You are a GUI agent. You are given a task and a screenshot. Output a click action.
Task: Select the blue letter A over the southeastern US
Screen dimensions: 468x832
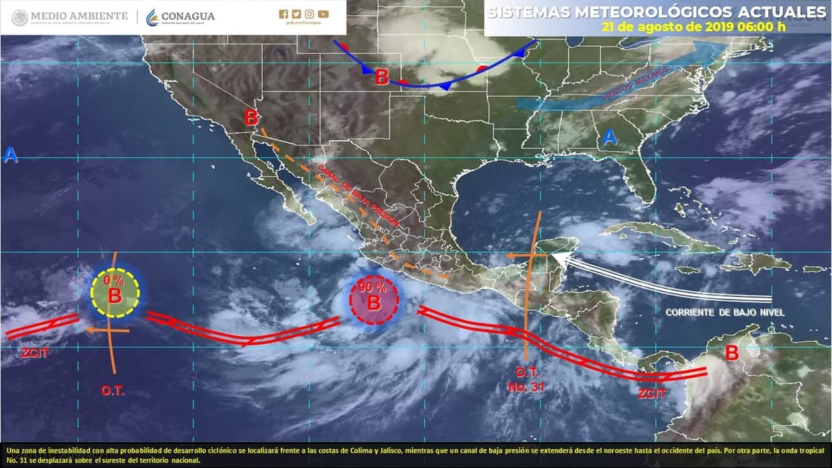(x=609, y=137)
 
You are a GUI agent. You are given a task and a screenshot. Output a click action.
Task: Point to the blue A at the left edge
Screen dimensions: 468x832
(x=10, y=156)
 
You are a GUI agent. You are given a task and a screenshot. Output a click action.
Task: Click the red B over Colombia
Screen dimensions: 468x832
(x=731, y=353)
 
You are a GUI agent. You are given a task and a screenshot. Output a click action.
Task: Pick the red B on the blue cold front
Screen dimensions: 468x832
(x=382, y=77)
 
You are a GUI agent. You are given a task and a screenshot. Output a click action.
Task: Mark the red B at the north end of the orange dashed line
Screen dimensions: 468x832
(x=251, y=118)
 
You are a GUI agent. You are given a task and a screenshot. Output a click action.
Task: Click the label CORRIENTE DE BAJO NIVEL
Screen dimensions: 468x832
(x=725, y=313)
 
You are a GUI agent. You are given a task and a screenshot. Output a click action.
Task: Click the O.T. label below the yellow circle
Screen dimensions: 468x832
(x=112, y=391)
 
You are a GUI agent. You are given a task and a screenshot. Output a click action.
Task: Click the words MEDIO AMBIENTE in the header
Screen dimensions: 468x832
(x=79, y=16)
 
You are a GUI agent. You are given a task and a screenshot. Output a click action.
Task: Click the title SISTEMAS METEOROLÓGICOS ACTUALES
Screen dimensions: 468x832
(x=657, y=12)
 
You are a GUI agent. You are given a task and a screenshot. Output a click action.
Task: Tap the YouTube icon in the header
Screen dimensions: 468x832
(x=324, y=14)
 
